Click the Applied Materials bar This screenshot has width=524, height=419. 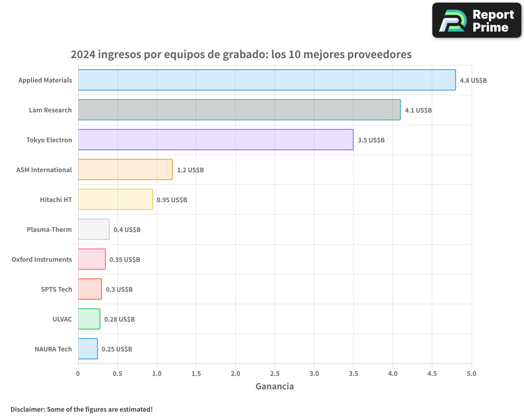click(x=267, y=80)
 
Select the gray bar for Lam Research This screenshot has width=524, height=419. click(x=239, y=110)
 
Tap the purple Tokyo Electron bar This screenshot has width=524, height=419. click(x=215, y=140)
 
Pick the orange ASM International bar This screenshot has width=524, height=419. click(x=125, y=170)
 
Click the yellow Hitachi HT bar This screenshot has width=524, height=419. click(x=115, y=200)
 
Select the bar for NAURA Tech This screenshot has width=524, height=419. click(x=88, y=349)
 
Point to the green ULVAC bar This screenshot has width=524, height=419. click(x=89, y=319)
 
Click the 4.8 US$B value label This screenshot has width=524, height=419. click(x=473, y=81)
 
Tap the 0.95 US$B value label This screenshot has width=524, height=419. click(x=172, y=200)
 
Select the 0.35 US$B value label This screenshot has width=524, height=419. click(x=125, y=260)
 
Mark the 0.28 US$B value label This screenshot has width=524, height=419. click(x=119, y=319)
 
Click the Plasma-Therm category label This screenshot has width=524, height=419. click(x=49, y=229)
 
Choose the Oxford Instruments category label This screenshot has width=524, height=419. click(x=42, y=259)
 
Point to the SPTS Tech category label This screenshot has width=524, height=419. click(x=57, y=289)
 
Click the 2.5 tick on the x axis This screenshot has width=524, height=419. click(x=275, y=374)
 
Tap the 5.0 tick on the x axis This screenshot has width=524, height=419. click(x=471, y=374)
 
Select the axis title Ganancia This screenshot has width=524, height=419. click(x=275, y=387)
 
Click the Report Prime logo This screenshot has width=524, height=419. click(x=476, y=20)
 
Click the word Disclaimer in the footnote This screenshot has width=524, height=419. click(x=27, y=409)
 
